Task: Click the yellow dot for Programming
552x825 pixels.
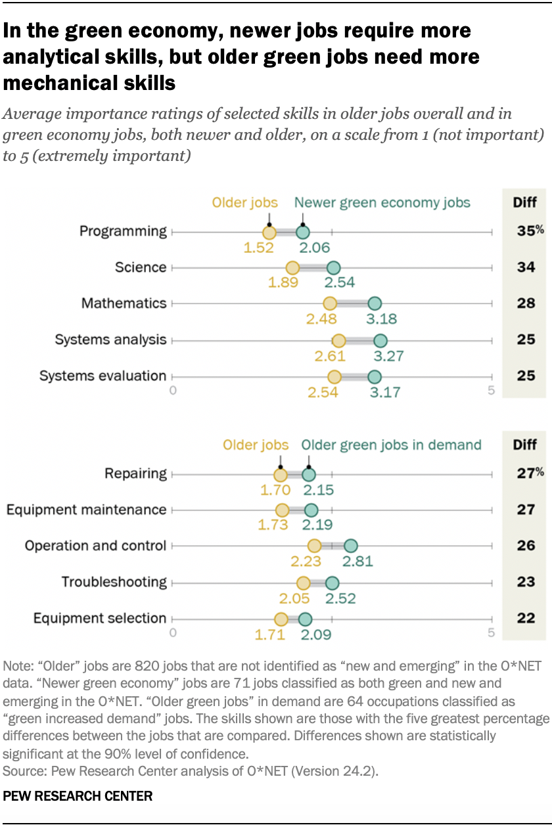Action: (269, 232)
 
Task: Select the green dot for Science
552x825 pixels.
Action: (333, 268)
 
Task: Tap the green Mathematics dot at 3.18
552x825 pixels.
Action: (374, 303)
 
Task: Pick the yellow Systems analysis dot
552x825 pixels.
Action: (338, 340)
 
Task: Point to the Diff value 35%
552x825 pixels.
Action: (528, 231)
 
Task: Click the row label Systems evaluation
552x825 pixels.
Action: (103, 376)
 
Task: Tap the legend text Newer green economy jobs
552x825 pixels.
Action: (382, 202)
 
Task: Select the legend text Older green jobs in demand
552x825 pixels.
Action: (392, 445)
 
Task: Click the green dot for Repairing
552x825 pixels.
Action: (308, 474)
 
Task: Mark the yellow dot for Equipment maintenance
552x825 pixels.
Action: (282, 510)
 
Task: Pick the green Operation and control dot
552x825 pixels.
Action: (350, 546)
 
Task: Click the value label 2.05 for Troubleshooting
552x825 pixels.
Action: (304, 598)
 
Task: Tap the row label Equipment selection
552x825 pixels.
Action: (100, 618)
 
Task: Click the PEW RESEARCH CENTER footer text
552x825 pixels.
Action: (78, 796)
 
